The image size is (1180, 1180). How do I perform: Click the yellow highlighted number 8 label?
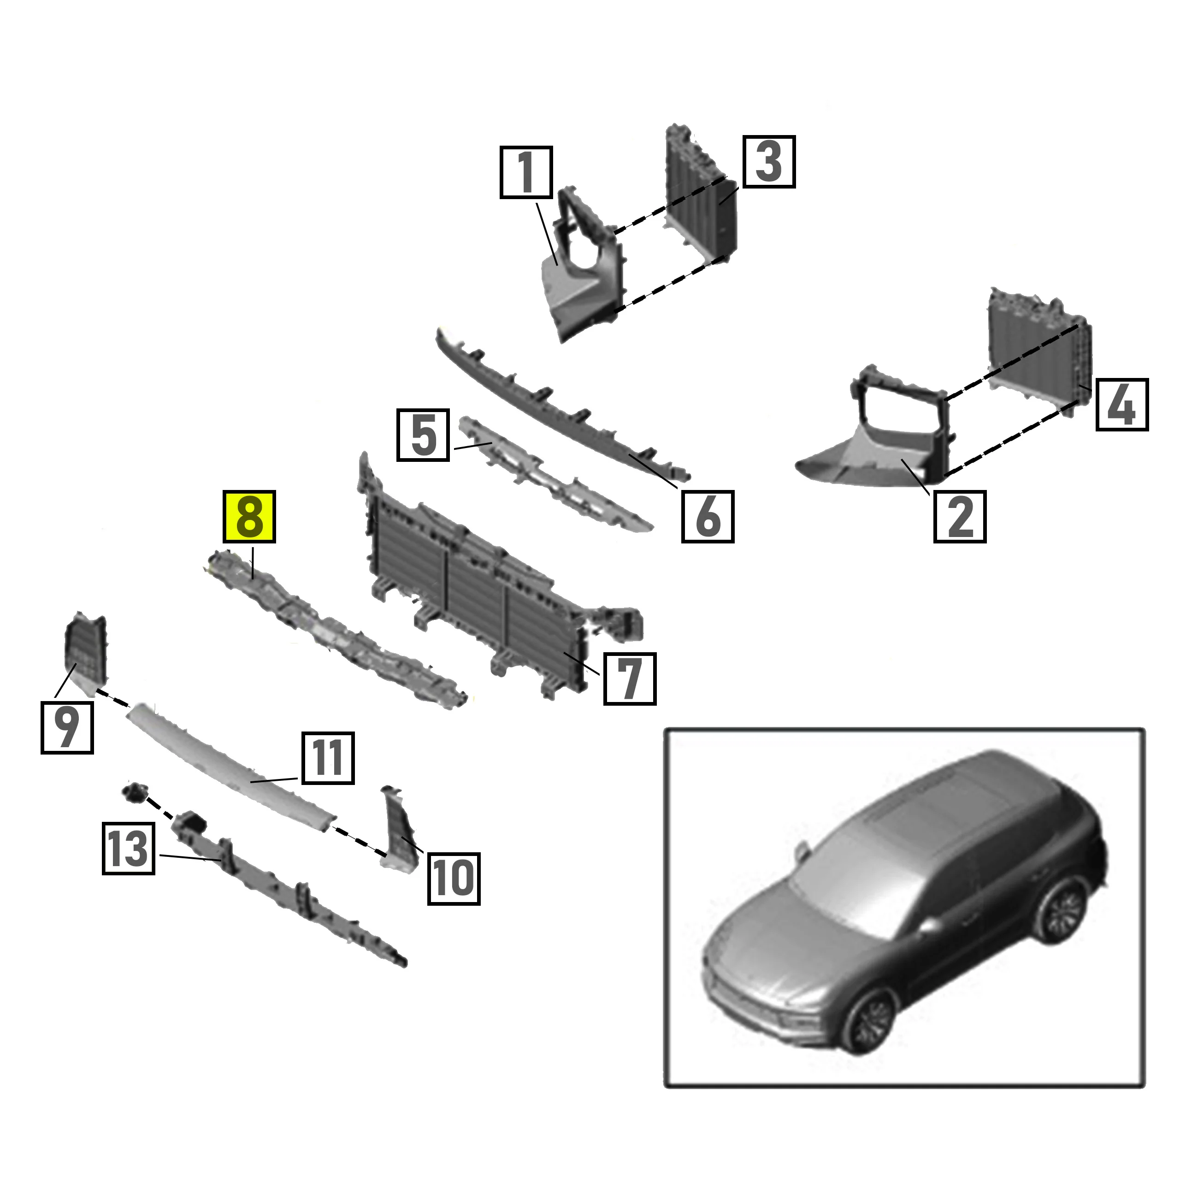[x=249, y=517]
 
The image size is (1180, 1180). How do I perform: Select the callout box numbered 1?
[x=526, y=172]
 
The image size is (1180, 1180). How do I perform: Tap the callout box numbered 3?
[x=769, y=161]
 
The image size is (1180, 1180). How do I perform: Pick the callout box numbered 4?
[x=1122, y=404]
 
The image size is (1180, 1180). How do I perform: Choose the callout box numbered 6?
[x=708, y=516]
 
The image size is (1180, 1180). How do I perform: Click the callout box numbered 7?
[x=630, y=678]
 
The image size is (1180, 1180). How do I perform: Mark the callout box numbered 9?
[x=67, y=727]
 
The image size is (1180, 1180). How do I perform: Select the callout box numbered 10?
[x=453, y=878]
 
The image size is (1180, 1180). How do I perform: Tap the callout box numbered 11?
[x=327, y=758]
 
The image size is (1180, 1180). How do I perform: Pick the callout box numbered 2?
[x=960, y=516]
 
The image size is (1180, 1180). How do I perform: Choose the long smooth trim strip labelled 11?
[x=232, y=763]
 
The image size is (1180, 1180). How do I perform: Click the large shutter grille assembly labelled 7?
[x=477, y=586]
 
